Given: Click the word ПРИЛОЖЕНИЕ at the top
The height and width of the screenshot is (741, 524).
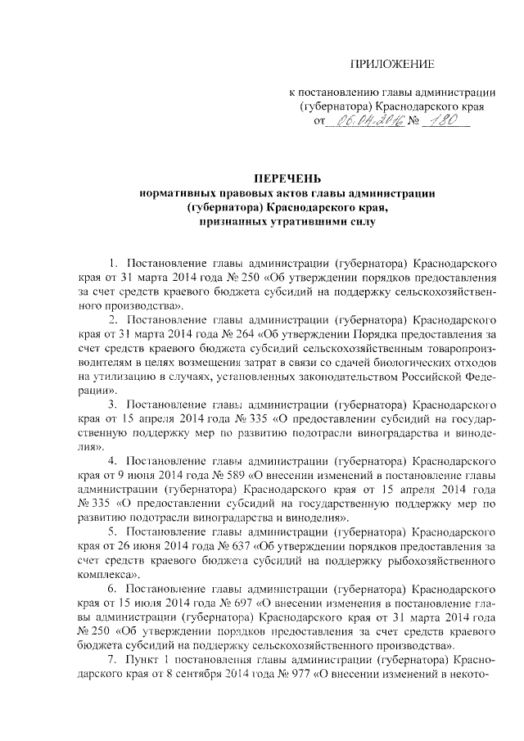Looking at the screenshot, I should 391,64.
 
